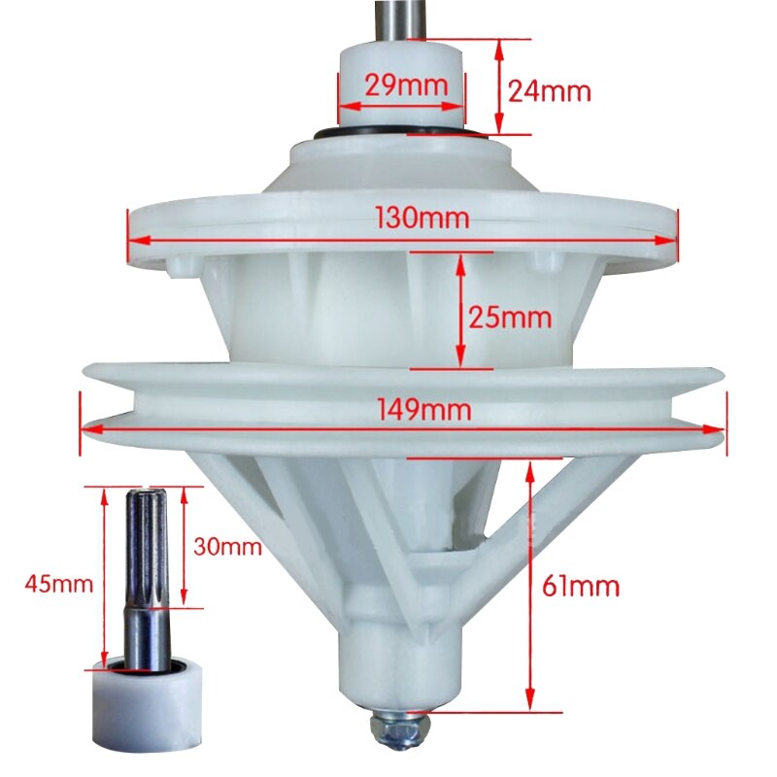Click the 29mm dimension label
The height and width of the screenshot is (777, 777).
click(x=406, y=84)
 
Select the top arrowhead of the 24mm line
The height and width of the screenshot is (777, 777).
click(x=499, y=45)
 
